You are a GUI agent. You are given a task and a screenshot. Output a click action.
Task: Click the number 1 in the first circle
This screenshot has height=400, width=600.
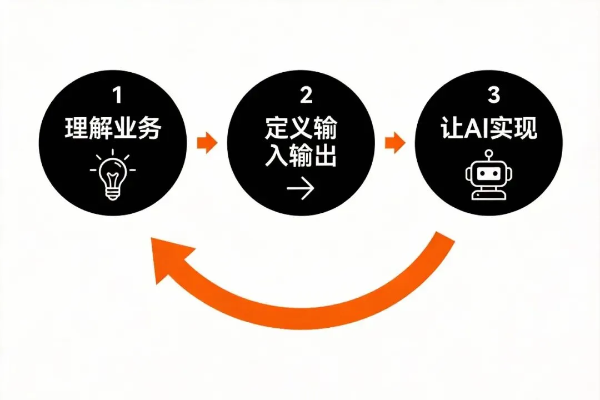(x=117, y=96)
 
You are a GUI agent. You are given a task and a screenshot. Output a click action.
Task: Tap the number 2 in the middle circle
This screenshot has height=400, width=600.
(x=306, y=96)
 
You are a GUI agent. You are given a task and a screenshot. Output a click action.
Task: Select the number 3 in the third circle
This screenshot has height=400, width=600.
(x=493, y=96)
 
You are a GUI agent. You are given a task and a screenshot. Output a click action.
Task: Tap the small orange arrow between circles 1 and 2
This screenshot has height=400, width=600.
(x=207, y=143)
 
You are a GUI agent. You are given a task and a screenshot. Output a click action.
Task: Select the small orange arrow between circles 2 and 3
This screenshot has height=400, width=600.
(x=395, y=143)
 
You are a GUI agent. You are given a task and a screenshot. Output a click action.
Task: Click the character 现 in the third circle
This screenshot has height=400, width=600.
(x=526, y=129)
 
